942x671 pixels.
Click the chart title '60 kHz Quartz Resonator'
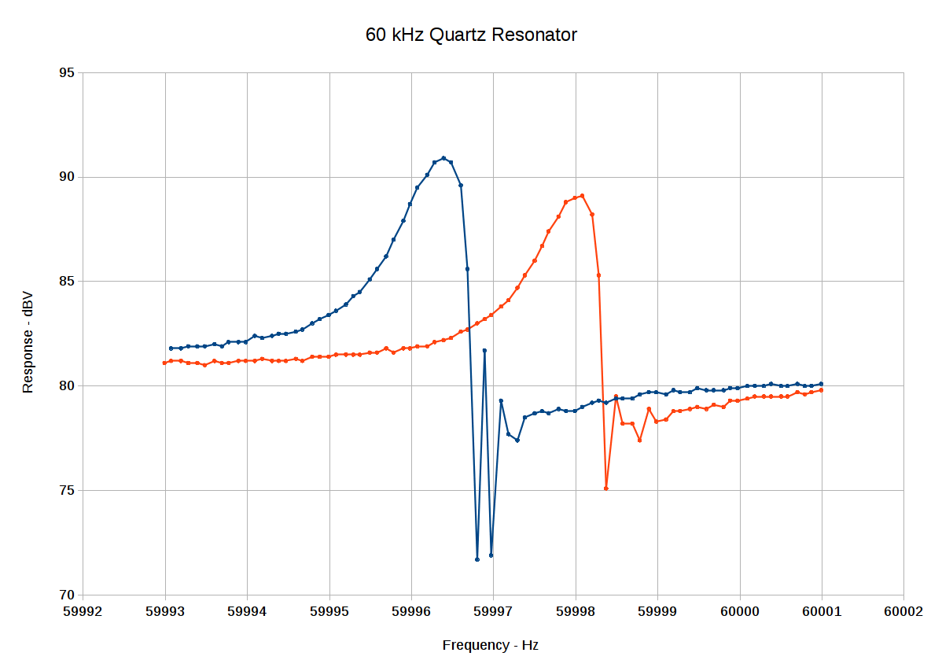[471, 35]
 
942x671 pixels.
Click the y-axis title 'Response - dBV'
[28, 342]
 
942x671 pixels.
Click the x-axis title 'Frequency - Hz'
[490, 645]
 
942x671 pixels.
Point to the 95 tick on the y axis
[66, 73]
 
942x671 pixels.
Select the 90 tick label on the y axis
[66, 177]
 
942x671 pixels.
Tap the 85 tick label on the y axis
[66, 282]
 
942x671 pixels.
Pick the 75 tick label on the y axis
[66, 490]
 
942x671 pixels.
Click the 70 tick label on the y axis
[66, 595]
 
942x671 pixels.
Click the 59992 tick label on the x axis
[83, 610]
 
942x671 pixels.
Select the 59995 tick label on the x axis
[329, 610]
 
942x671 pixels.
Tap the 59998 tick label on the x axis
[576, 610]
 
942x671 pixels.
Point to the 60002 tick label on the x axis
[903, 610]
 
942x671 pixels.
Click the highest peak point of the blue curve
[443, 158]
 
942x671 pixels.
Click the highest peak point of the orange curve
[582, 196]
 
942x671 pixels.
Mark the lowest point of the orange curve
[606, 489]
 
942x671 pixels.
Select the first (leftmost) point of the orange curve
[164, 363]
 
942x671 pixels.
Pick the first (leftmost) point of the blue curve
[171, 348]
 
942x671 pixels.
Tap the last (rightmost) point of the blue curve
[822, 384]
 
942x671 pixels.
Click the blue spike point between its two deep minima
[484, 350]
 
